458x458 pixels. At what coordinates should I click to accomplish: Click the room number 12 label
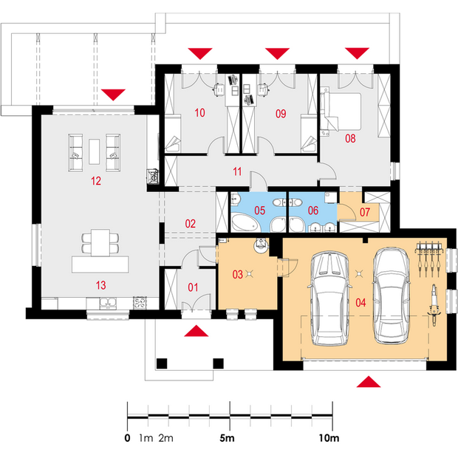pyautogui.click(x=96, y=181)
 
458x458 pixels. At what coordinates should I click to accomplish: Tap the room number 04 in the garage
pyautogui.click(x=360, y=303)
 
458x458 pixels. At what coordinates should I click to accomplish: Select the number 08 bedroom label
pyautogui.click(x=350, y=138)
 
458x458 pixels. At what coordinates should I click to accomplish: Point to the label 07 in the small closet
pyautogui.click(x=364, y=212)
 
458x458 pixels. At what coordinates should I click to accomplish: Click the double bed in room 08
pyautogui.click(x=341, y=112)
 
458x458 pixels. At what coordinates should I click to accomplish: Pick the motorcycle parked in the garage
pyautogui.click(x=434, y=304)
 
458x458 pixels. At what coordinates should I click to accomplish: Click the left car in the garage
pyautogui.click(x=329, y=298)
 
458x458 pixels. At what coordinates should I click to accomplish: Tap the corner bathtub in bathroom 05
pyautogui.click(x=245, y=222)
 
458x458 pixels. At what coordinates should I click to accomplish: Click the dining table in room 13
pyautogui.click(x=100, y=242)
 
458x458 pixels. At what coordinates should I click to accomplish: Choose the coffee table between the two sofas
pyautogui.click(x=94, y=151)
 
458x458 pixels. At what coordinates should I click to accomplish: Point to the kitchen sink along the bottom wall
pyautogui.click(x=108, y=303)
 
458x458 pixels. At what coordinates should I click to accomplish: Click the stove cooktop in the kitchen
pyautogui.click(x=140, y=303)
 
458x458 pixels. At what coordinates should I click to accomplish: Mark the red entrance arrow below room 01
pyautogui.click(x=196, y=331)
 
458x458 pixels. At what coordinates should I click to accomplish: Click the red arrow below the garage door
pyautogui.click(x=369, y=382)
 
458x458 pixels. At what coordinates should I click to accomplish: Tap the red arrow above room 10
pyautogui.click(x=200, y=54)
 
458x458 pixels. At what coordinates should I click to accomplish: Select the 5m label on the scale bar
pyautogui.click(x=227, y=438)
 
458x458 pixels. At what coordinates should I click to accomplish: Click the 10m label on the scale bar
pyautogui.click(x=329, y=438)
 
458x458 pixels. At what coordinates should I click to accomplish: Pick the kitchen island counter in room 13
pyautogui.click(x=100, y=264)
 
